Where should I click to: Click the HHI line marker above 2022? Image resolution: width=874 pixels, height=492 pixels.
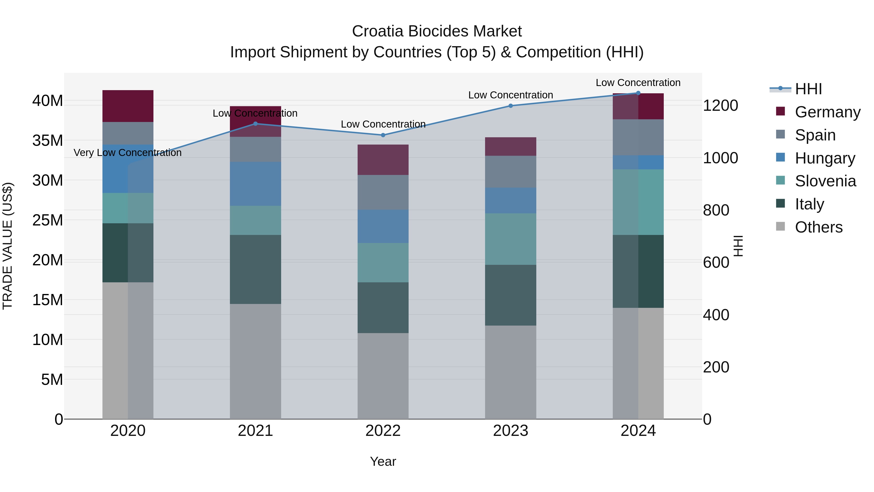(383, 135)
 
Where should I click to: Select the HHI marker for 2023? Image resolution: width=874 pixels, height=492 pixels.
(511, 106)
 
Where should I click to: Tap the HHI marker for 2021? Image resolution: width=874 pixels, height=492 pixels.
(255, 124)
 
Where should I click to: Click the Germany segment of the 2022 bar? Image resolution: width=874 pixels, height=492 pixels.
(383, 160)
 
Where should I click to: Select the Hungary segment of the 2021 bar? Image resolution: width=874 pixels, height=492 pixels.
(255, 184)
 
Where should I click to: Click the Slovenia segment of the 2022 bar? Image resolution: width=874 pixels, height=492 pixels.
(383, 262)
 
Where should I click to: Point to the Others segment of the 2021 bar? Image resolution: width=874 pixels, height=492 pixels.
(255, 361)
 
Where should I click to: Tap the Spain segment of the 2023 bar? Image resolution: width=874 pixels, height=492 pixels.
(511, 172)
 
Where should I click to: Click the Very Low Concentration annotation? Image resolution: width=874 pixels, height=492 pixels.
(127, 153)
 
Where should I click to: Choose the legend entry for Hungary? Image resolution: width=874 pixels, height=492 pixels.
(824, 158)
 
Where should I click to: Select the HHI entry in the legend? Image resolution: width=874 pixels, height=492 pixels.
(808, 89)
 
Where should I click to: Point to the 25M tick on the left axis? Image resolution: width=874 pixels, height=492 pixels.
(48, 220)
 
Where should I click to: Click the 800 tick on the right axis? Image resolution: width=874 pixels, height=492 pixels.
(716, 210)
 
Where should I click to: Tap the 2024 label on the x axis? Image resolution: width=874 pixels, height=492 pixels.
(638, 431)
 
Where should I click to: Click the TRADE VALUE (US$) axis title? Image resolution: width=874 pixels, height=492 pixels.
(8, 246)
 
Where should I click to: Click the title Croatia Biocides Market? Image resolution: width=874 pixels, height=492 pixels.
(437, 31)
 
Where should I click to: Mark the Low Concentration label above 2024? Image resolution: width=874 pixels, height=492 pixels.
(638, 83)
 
